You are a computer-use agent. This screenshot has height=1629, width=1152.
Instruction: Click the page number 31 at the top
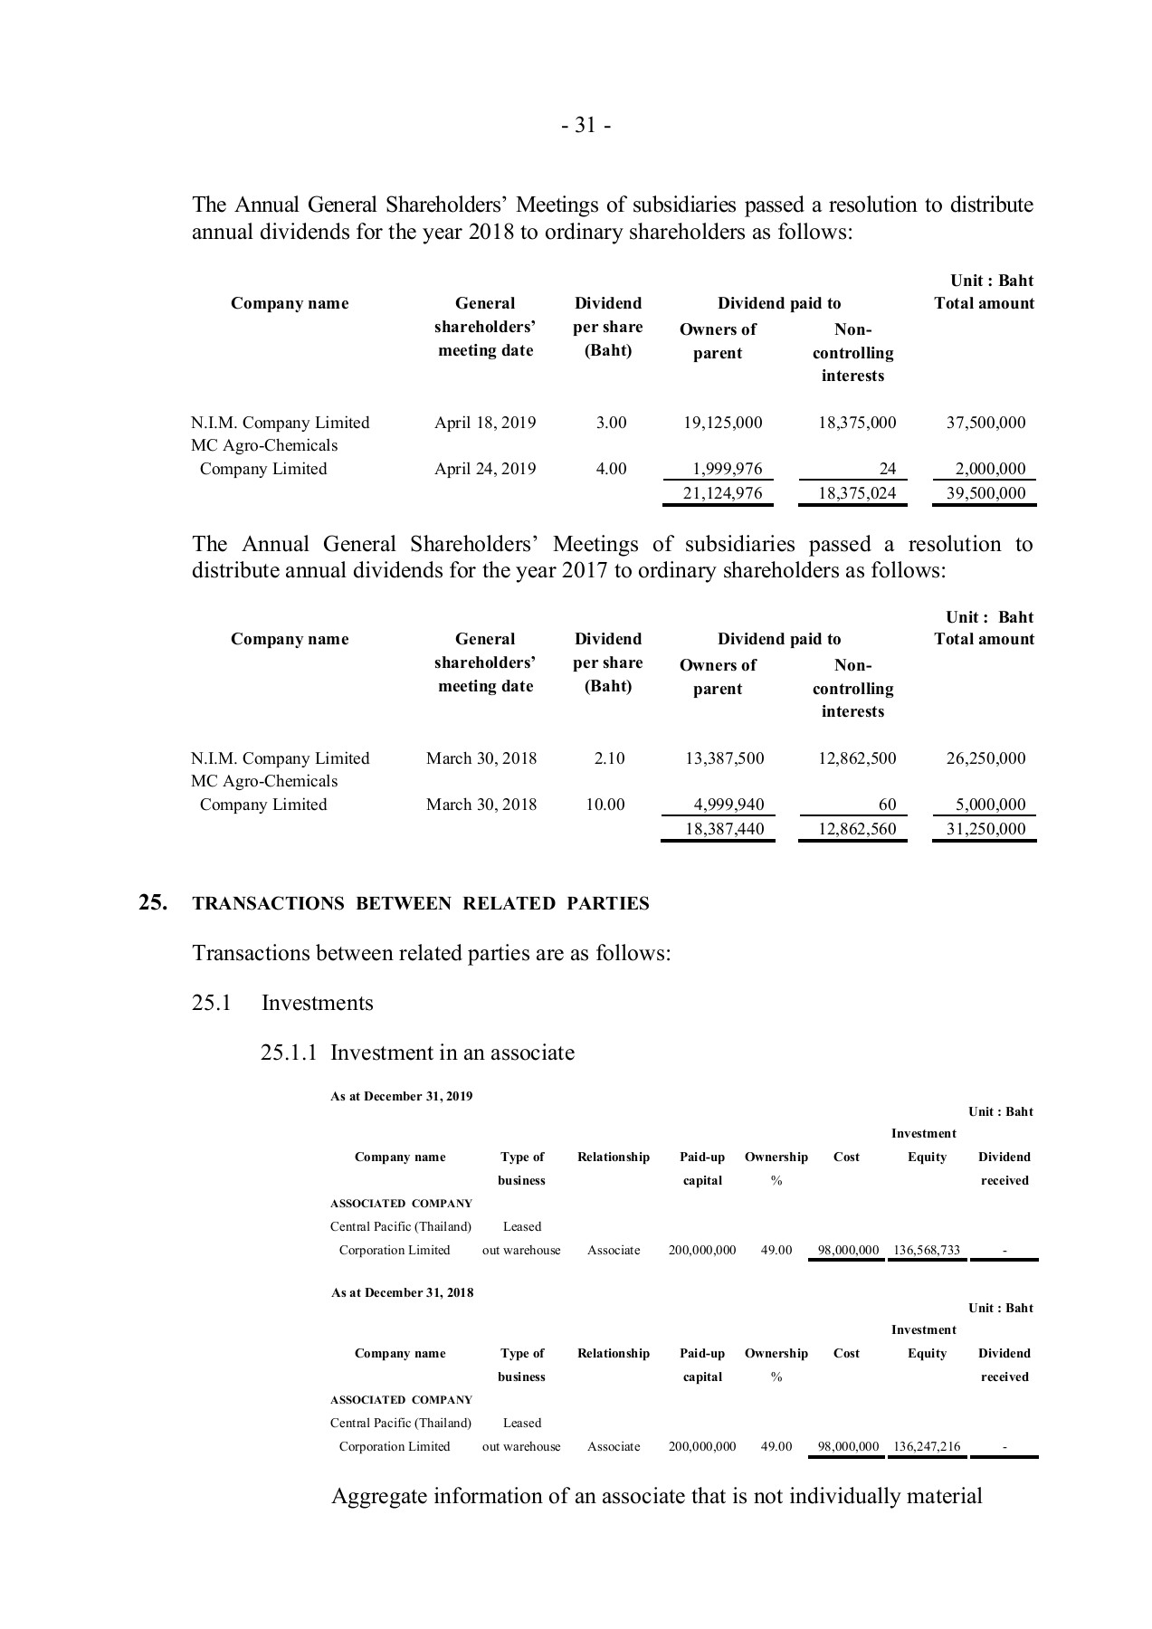[586, 126]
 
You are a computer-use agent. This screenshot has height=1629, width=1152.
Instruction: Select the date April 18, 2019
[485, 423]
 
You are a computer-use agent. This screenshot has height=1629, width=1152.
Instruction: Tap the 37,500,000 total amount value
[985, 423]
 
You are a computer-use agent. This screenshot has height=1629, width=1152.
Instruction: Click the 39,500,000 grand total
[985, 493]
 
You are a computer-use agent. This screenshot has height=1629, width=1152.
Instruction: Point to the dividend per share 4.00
[611, 469]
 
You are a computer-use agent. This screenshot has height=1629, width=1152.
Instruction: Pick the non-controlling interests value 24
[887, 469]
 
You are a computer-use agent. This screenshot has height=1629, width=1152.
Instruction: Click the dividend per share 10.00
[605, 805]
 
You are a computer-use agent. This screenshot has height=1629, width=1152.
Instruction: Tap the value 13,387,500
[724, 758]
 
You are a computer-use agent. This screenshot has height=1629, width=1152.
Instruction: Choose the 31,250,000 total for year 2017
[985, 829]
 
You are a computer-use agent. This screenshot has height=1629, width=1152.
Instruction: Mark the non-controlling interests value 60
[887, 805]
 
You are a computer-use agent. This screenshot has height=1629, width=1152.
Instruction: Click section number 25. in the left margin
[152, 902]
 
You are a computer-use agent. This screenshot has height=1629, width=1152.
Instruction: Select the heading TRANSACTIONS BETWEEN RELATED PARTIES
[421, 904]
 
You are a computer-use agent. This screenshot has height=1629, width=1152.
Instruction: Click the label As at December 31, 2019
[402, 1097]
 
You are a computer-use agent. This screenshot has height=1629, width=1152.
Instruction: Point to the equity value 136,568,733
[927, 1251]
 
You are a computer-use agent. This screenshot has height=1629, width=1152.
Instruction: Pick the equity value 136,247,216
[927, 1447]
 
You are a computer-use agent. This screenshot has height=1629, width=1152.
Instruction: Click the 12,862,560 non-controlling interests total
[856, 829]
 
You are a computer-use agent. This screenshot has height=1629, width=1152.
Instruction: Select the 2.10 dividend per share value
[609, 758]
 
